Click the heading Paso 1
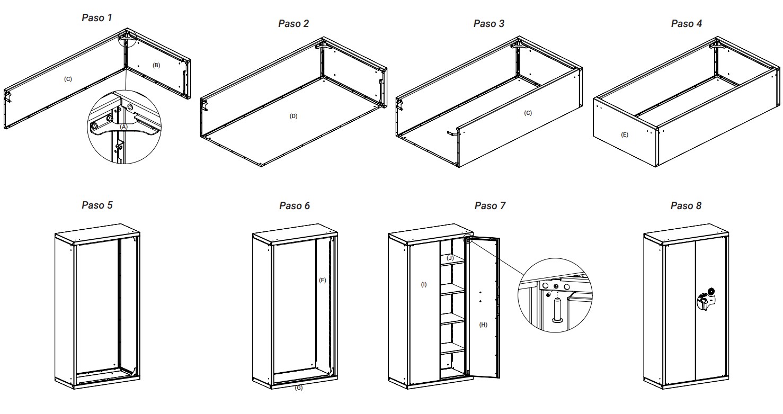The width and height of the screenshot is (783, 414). tap(97, 18)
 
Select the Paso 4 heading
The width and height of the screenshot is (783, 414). tap(687, 24)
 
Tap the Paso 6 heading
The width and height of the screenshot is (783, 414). tap(295, 206)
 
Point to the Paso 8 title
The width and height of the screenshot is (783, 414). tap(686, 206)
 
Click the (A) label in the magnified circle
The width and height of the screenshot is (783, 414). tap(123, 127)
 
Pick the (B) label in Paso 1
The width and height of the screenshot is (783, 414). tap(156, 65)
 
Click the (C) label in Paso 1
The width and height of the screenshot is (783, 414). tap(68, 79)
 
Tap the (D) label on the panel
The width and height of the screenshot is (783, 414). tap(293, 116)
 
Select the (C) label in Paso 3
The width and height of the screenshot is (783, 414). tap(528, 113)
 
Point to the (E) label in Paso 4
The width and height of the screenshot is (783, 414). tap(624, 135)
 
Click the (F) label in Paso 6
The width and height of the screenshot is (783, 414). tap(322, 280)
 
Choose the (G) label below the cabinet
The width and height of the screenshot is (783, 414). tap(298, 388)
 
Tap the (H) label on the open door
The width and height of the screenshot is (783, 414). tap(483, 325)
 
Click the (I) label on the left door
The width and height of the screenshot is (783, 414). tap(424, 285)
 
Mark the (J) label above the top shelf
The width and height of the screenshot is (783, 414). tap(450, 258)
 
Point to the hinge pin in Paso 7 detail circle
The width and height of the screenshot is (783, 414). tap(557, 310)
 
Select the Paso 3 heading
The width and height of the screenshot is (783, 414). tap(488, 24)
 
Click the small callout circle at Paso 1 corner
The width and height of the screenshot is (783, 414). tap(127, 38)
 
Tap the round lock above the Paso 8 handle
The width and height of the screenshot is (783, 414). tap(710, 291)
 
